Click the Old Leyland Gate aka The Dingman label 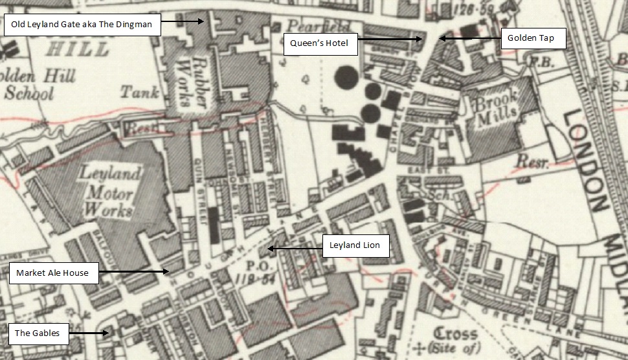[82, 25]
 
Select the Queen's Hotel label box [320, 43]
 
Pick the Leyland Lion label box [355, 246]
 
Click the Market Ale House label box [53, 273]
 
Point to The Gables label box [38, 333]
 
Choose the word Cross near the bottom [455, 335]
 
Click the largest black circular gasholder [348, 80]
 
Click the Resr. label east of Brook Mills [532, 163]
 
